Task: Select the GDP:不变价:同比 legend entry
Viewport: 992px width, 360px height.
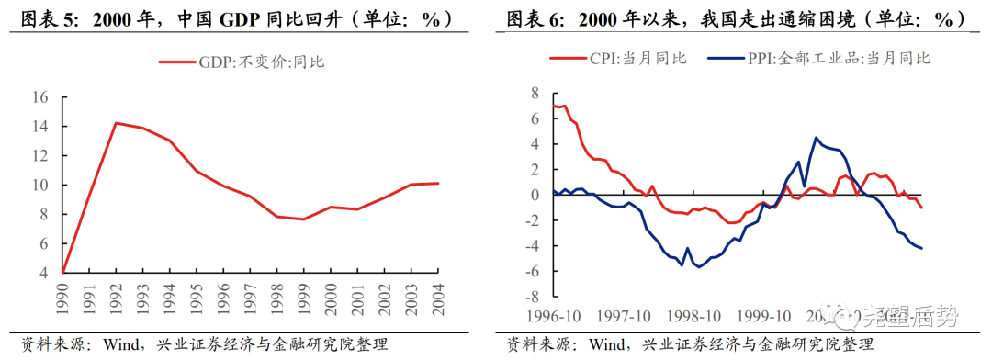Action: coord(242,62)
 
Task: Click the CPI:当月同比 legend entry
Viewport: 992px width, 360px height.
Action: coord(618,59)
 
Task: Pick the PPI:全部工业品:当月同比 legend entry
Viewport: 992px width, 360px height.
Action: coord(819,59)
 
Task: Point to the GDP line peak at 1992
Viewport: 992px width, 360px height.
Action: coord(116,122)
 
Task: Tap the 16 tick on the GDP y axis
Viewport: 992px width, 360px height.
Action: coord(39,96)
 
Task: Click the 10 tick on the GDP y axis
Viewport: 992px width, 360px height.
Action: coord(39,185)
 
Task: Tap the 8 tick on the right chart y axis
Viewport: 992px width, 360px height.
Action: coord(533,92)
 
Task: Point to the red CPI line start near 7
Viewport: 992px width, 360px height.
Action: coord(554,106)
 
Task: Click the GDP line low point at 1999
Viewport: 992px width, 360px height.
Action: coord(303,219)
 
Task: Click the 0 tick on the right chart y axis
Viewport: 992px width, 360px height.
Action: coord(533,195)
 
